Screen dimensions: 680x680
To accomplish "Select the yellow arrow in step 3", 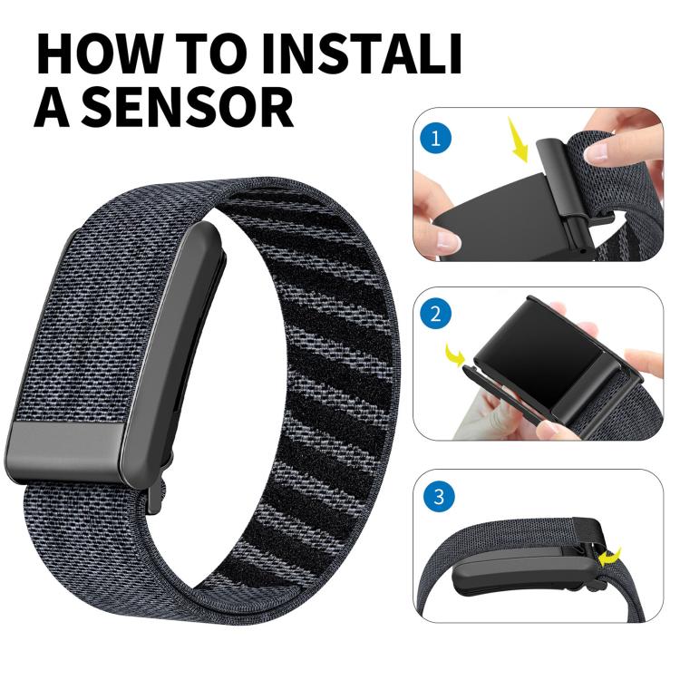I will tap(619, 555).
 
